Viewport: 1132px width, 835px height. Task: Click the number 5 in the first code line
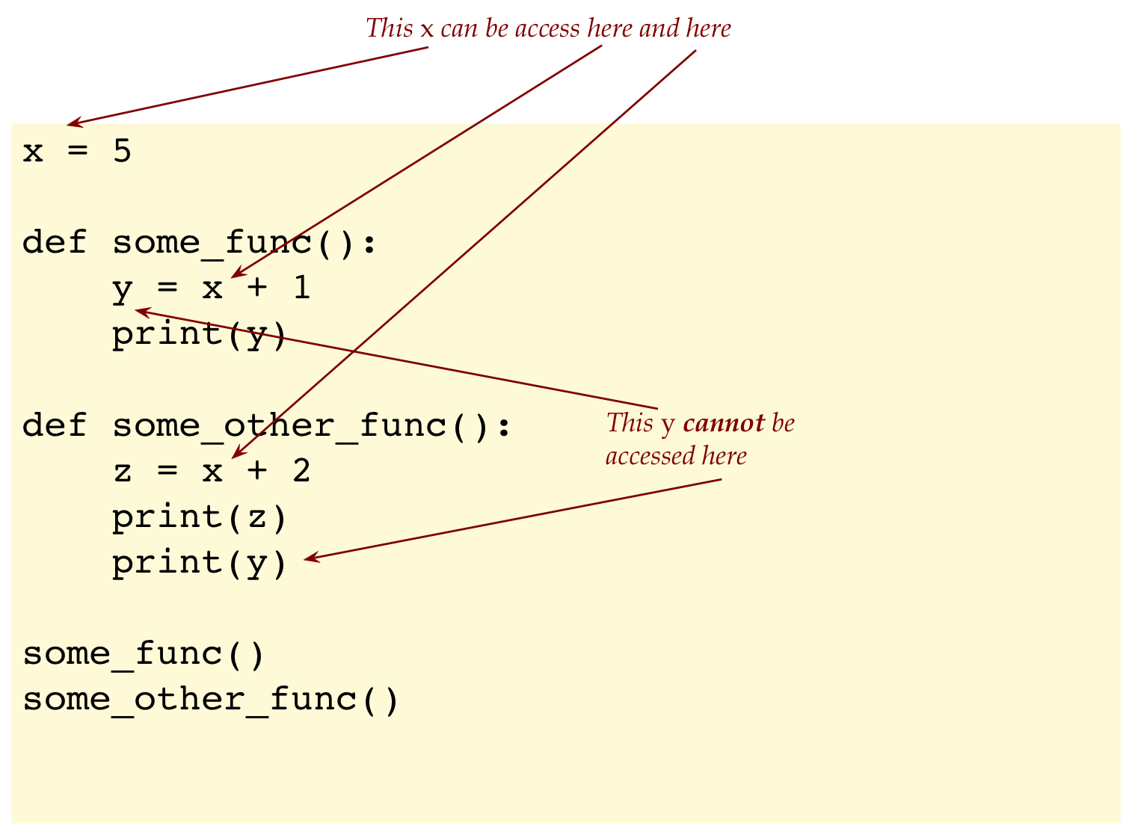pos(122,151)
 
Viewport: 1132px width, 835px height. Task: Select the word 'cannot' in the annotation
pos(723,423)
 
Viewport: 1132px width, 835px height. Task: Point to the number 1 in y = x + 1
pos(301,288)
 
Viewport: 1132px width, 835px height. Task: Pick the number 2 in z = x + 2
pos(301,471)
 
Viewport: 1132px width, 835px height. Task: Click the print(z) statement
pos(200,517)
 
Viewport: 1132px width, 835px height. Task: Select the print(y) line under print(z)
pos(200,563)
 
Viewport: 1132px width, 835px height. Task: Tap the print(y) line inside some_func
pos(200,334)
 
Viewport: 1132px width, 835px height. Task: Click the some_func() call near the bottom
pos(144,654)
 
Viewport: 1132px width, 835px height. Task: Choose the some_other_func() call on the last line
pos(211,700)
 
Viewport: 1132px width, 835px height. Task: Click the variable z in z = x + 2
pos(122,472)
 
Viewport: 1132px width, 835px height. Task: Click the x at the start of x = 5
pos(32,152)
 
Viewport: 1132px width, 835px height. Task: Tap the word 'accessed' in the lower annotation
pos(642,456)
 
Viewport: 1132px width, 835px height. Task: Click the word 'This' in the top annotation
pos(389,28)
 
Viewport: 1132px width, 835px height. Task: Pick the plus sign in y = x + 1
pos(256,289)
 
